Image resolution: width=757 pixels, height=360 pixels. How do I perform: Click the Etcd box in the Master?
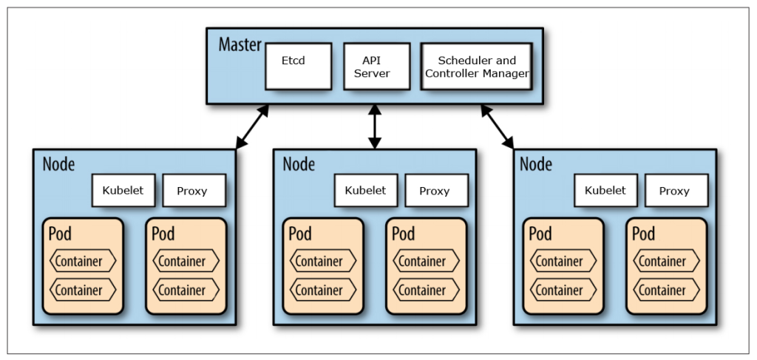pyautogui.click(x=299, y=66)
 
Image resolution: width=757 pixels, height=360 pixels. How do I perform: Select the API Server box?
pyautogui.click(x=376, y=66)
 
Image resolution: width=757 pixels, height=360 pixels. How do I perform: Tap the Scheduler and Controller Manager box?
pyautogui.click(x=477, y=66)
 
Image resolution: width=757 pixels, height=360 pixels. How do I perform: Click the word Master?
pyautogui.click(x=240, y=44)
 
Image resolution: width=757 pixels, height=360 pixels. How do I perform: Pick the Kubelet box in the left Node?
pyautogui.click(x=123, y=190)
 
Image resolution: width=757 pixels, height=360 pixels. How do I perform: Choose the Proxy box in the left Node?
pyautogui.click(x=194, y=190)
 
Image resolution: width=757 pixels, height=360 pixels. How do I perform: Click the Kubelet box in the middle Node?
pyautogui.click(x=366, y=190)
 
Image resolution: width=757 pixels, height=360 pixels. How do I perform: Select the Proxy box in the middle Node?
pyautogui.click(x=436, y=190)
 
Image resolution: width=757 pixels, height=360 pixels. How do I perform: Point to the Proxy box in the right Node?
pyautogui.click(x=676, y=190)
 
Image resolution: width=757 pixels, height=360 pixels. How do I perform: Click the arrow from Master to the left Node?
pyautogui.click(x=251, y=126)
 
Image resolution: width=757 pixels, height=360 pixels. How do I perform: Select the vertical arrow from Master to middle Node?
pyautogui.click(x=375, y=126)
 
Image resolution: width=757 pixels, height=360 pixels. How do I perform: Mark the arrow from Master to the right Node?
pyautogui.click(x=498, y=126)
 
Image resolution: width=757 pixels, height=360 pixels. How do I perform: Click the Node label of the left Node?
pyautogui.click(x=59, y=164)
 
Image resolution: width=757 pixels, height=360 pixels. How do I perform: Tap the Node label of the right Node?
pyautogui.click(x=536, y=164)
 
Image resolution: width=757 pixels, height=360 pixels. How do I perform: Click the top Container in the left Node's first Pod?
pyautogui.click(x=83, y=262)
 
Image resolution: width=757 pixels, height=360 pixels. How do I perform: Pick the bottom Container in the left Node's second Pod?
pyautogui.click(x=186, y=291)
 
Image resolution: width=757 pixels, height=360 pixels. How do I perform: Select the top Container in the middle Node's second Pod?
pyautogui.click(x=427, y=262)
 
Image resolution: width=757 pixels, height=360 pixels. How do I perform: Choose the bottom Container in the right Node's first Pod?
pyautogui.click(x=563, y=291)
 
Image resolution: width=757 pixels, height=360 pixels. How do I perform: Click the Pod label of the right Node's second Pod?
pyautogui.click(x=644, y=234)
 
